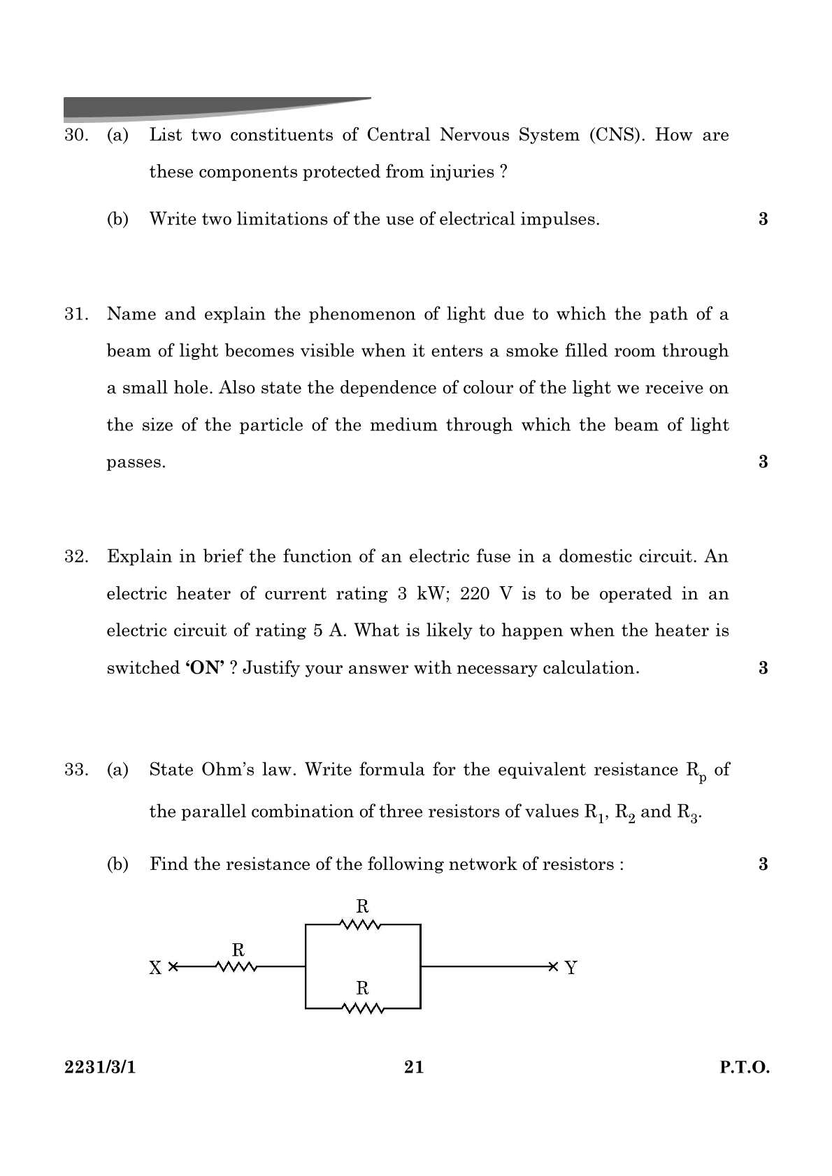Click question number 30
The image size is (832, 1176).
(76, 136)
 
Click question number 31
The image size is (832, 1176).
(76, 314)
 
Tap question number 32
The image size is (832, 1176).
(76, 557)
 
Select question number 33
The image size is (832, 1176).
(76, 770)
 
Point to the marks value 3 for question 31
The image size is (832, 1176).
(763, 462)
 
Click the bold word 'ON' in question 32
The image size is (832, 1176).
(205, 668)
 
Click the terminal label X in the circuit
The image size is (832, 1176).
(155, 968)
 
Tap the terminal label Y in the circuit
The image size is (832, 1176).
(571, 968)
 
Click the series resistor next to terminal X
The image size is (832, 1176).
(237, 967)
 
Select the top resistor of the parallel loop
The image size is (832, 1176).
(361, 924)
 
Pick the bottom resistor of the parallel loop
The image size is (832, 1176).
(362, 1008)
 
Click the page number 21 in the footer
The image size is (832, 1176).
(414, 1067)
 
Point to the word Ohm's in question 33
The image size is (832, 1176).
(229, 770)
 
